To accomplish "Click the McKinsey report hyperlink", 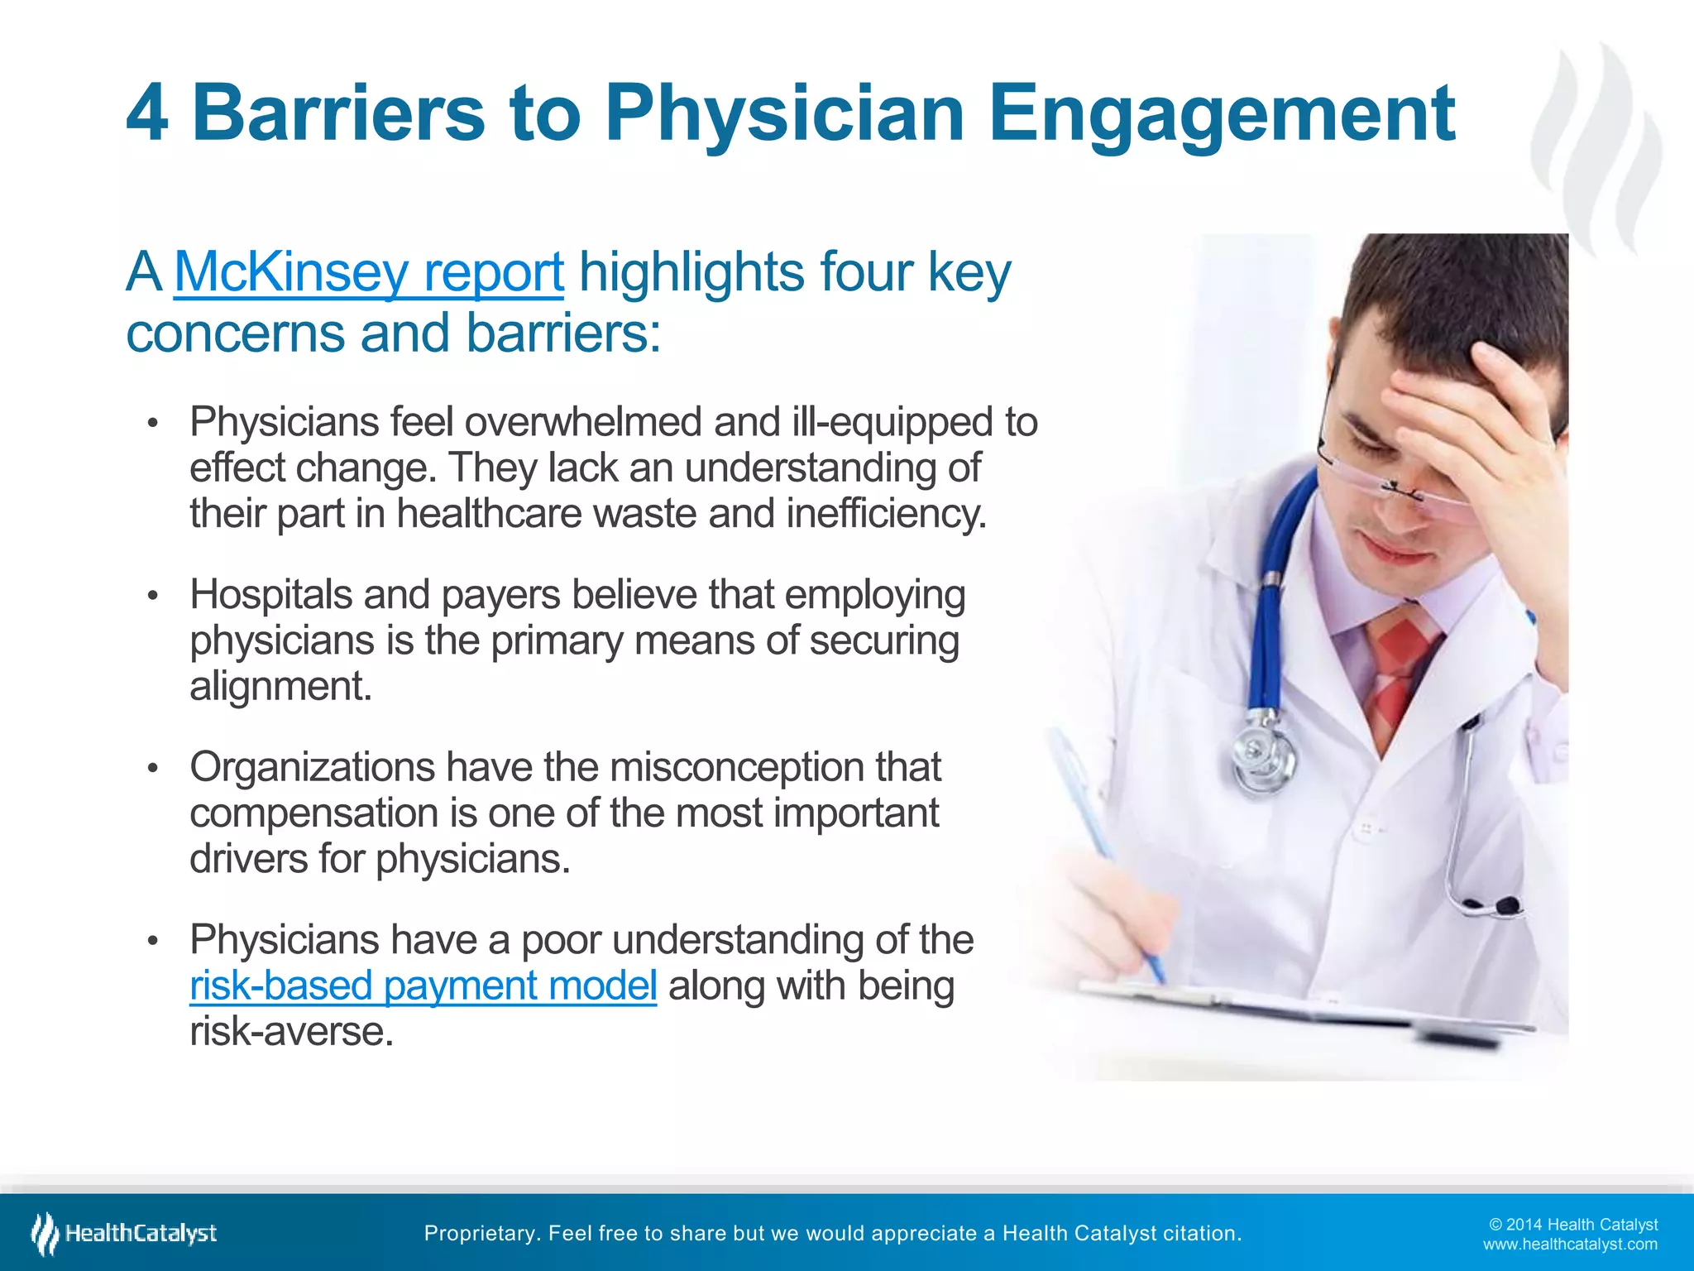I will point(369,272).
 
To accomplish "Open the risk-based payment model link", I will point(423,986).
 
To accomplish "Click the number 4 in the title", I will point(148,113).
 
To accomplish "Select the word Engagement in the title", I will point(1221,113).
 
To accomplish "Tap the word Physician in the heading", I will point(784,113).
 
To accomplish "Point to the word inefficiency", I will point(886,513).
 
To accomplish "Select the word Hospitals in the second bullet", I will point(270,595).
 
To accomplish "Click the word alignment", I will point(281,686).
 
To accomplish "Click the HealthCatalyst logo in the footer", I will point(124,1234).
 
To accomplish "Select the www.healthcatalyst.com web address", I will point(1569,1245).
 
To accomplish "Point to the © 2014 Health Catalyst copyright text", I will point(1572,1225).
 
